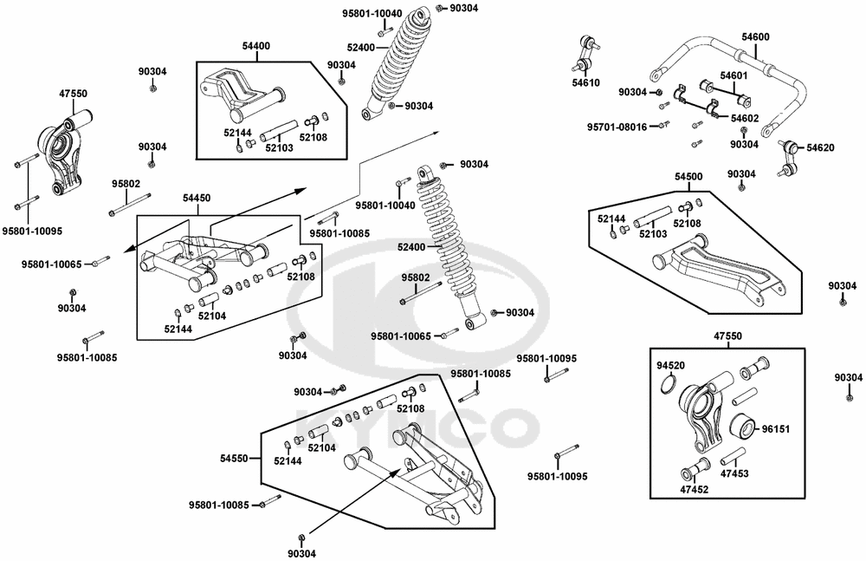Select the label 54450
click(196, 199)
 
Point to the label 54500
click(688, 177)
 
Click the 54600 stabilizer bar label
click(755, 36)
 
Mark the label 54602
click(746, 118)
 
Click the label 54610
click(585, 83)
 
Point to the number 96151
click(776, 428)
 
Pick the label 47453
click(734, 473)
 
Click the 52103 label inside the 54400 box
click(278, 148)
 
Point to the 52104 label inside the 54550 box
click(321, 447)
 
